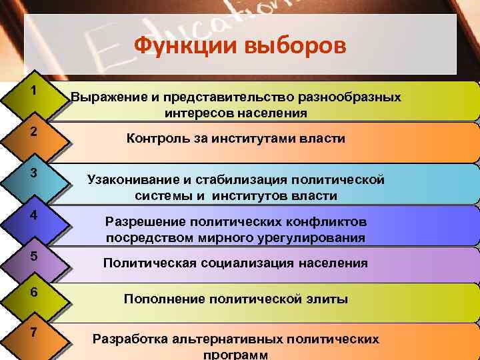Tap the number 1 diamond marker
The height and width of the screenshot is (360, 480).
(x=33, y=91)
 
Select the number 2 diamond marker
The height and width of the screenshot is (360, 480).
(x=33, y=132)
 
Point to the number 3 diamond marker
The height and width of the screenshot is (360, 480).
(x=33, y=173)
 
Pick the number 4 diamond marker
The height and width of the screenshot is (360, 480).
(x=33, y=215)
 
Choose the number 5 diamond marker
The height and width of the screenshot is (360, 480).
(x=33, y=257)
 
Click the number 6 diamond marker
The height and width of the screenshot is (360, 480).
(x=33, y=294)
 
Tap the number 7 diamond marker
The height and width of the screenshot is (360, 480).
(x=33, y=333)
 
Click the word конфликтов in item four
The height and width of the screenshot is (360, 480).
(x=331, y=221)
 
